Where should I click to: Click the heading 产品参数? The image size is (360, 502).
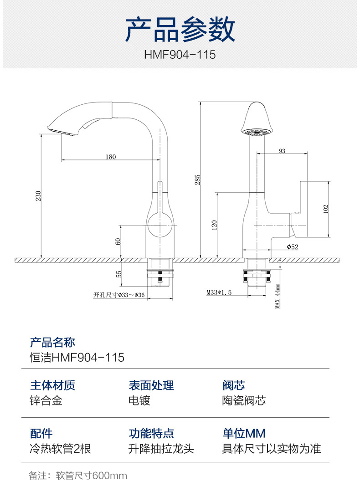pyautogui.click(x=180, y=29)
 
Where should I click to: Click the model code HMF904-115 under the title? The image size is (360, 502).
pyautogui.click(x=180, y=55)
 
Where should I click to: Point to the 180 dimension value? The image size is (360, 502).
pyautogui.click(x=111, y=157)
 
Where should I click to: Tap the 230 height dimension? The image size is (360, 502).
pyautogui.click(x=38, y=196)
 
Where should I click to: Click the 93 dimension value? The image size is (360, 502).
pyautogui.click(x=282, y=151)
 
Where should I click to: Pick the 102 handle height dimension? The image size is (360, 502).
pyautogui.click(x=325, y=209)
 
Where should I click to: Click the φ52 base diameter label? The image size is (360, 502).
pyautogui.click(x=293, y=246)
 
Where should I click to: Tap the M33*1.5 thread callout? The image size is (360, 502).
pyautogui.click(x=219, y=292)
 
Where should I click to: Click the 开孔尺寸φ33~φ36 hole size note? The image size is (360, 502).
pyautogui.click(x=119, y=295)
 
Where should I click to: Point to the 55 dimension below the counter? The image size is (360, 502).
pyautogui.click(x=118, y=274)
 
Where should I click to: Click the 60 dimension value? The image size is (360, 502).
pyautogui.click(x=118, y=241)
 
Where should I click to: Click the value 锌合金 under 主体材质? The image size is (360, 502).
pyautogui.click(x=46, y=400)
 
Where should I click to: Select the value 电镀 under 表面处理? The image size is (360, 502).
pyautogui.click(x=139, y=400)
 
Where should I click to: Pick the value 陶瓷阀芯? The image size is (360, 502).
pyautogui.click(x=244, y=400)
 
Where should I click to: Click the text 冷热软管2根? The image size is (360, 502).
pyautogui.click(x=60, y=449)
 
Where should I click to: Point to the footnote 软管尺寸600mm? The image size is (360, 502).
pyautogui.click(x=91, y=476)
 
